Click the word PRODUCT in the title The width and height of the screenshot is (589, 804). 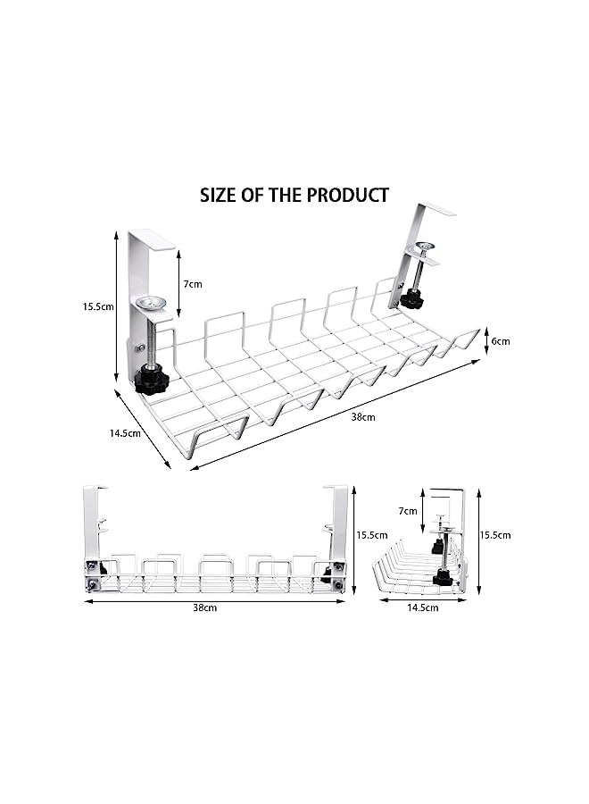(x=347, y=195)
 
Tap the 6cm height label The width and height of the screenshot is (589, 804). (x=501, y=341)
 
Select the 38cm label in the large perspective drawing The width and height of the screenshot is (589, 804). (x=363, y=417)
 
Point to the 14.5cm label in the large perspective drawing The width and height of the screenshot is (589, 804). (x=126, y=433)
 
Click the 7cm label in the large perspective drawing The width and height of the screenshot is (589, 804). (x=193, y=283)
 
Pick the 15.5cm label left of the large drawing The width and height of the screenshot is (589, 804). (x=98, y=306)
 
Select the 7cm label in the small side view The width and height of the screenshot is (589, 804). (x=408, y=511)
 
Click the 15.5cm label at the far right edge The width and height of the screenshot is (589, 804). (x=494, y=535)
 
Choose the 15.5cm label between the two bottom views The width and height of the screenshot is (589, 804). (x=371, y=535)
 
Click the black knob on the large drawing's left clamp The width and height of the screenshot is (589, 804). (x=151, y=382)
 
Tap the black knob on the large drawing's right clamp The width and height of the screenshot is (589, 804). (x=411, y=298)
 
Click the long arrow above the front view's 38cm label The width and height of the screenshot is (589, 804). (x=215, y=599)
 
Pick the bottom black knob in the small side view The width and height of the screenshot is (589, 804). (x=443, y=579)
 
